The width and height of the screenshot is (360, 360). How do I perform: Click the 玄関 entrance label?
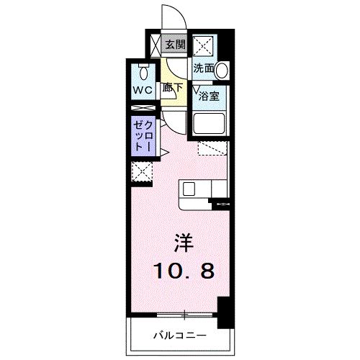click(x=175, y=45)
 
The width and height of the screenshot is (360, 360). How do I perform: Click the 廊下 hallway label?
click(x=172, y=89)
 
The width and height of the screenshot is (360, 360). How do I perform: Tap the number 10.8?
click(x=181, y=271)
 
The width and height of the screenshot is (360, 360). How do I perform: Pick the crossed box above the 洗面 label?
click(x=204, y=46)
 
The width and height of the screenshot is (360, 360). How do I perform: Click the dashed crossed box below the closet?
click(x=141, y=171)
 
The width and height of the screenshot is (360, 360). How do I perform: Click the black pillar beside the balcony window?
click(x=225, y=311)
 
